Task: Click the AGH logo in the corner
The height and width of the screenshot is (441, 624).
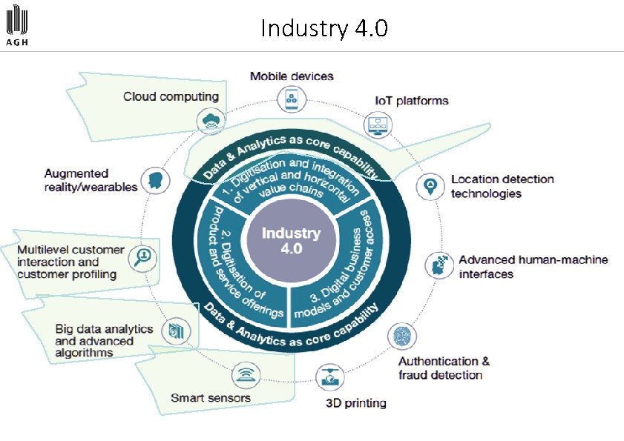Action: point(19,27)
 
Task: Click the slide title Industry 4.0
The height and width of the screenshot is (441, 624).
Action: point(324,29)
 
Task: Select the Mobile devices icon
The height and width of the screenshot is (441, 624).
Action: point(291,99)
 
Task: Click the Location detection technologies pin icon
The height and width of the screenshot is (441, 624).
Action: point(430,187)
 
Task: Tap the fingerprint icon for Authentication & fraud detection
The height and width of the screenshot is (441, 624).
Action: point(401,338)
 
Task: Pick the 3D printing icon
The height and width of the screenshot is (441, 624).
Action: point(329,378)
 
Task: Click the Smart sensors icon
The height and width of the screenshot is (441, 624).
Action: point(244,376)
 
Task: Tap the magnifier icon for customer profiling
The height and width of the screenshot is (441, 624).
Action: point(142,257)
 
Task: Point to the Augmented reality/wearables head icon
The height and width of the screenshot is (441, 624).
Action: point(155,181)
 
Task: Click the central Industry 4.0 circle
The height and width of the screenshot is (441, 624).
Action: point(291,241)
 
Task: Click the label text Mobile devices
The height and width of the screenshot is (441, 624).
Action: point(292,76)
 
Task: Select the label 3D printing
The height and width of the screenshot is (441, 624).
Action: point(356,403)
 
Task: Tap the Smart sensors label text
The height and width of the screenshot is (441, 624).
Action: point(211,398)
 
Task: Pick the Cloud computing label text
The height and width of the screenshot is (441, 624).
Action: point(171,96)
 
